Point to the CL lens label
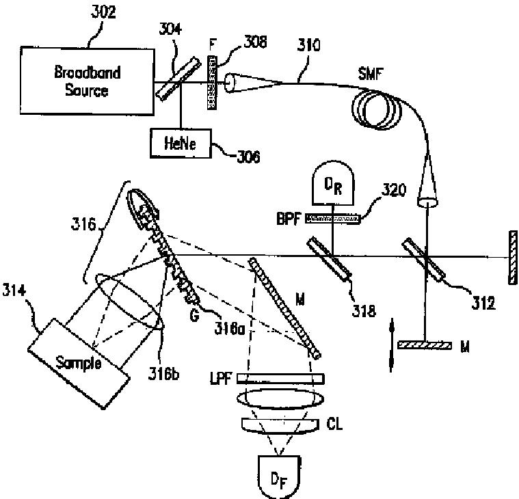pyautogui.click(x=334, y=425)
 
